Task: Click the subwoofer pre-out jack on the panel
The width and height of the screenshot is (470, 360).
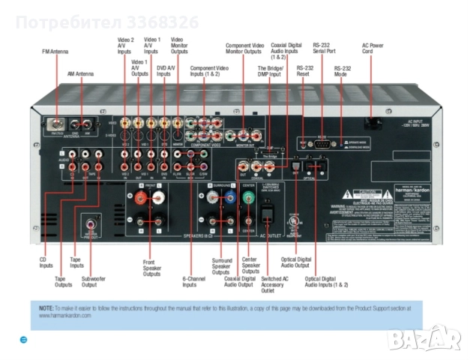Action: tap(92, 223)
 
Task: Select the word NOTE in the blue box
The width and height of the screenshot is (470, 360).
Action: tap(46, 307)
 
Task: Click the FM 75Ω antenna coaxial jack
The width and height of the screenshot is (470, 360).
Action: tap(55, 122)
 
